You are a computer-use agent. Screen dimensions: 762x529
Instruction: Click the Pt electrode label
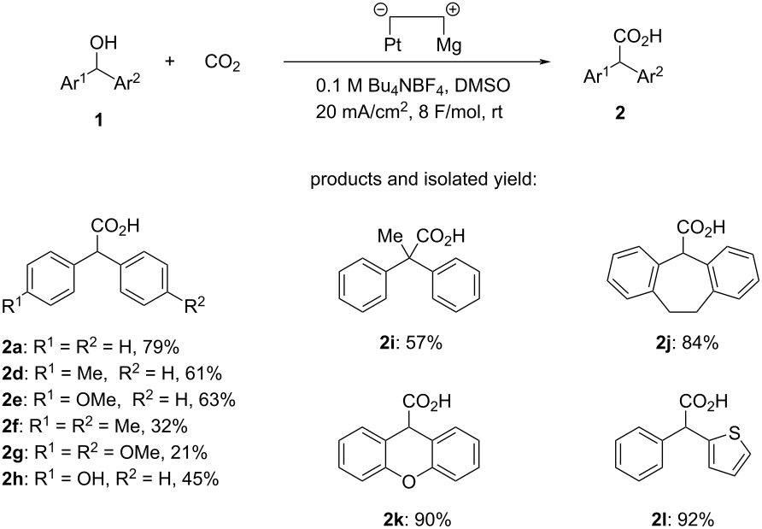(393, 44)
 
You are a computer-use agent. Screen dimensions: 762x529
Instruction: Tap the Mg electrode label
(448, 45)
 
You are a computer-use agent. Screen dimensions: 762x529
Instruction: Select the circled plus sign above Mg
(453, 9)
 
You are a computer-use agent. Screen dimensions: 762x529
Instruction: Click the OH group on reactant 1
(103, 43)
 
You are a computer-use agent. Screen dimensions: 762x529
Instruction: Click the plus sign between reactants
(170, 62)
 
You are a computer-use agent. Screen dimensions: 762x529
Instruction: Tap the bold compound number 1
(98, 120)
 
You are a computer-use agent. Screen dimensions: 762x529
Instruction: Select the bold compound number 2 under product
(619, 114)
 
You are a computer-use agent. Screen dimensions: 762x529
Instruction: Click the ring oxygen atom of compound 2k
(409, 481)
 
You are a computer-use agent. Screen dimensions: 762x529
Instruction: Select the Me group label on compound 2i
(390, 237)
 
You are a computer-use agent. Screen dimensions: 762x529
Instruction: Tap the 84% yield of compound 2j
(700, 344)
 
